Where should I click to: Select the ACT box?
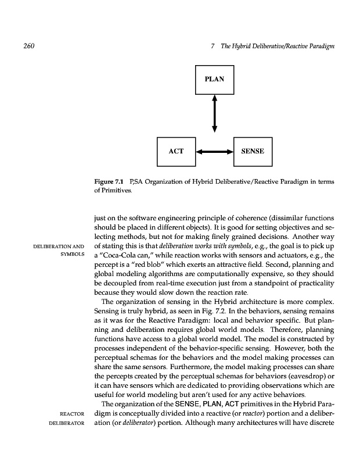coord(176,151)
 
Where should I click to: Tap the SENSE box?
coord(252,151)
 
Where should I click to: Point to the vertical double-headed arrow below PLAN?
coord(214,113)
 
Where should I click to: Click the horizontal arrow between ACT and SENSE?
coord(214,151)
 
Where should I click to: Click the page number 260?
coord(23,46)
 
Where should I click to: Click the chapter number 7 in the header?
coord(214,46)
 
